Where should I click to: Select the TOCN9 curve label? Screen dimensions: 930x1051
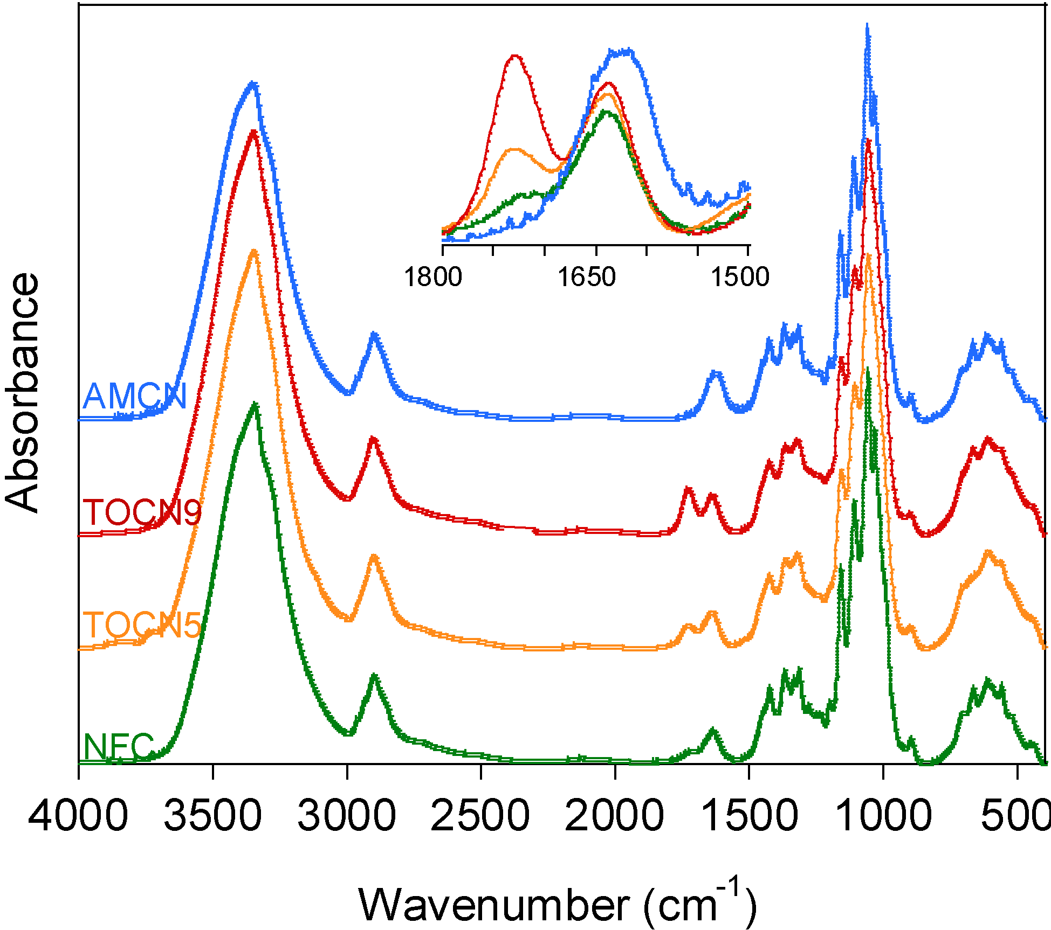pos(142,512)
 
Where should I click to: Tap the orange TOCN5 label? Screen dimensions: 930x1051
pos(142,625)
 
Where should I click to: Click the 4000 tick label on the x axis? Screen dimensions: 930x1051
pos(78,815)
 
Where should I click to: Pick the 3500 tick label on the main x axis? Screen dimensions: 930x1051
pos(212,815)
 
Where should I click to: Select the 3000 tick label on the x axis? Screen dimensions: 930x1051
pos(347,815)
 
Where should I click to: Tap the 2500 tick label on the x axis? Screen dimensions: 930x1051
pos(480,815)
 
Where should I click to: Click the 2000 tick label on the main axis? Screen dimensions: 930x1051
pos(614,815)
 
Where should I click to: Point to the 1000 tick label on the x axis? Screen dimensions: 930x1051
pos(883,815)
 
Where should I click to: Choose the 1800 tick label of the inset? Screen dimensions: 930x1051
pos(432,277)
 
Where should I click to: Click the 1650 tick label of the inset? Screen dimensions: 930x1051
pos(586,277)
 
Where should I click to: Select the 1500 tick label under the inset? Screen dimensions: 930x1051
pos(740,277)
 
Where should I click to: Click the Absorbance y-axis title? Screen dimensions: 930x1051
pos(23,393)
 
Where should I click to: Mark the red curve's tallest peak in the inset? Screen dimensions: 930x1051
pos(515,55)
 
